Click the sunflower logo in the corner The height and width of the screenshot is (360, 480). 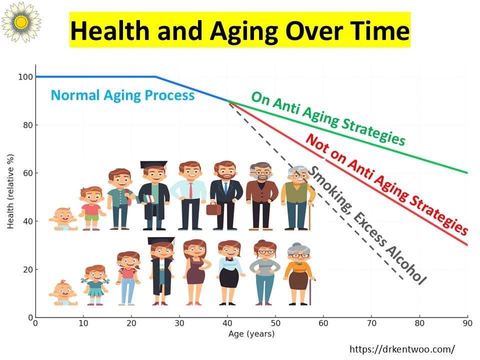click(21, 22)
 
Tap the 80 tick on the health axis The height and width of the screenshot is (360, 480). click(28, 125)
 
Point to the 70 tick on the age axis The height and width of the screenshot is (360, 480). click(371, 323)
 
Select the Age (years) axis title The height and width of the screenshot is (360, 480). click(251, 333)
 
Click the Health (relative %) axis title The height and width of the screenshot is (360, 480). click(10, 191)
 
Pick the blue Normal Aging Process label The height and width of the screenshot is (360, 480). click(122, 95)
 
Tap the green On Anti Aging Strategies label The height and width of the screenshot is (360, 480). click(328, 118)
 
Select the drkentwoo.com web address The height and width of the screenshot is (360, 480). click(402, 349)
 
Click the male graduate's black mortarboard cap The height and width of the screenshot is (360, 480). click(153, 164)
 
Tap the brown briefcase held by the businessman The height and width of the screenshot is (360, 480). click(213, 209)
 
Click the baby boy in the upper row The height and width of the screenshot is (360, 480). click(63, 219)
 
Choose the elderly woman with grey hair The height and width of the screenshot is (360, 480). click(299, 274)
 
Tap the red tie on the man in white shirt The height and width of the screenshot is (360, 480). click(190, 190)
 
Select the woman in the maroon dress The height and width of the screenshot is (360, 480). click(196, 272)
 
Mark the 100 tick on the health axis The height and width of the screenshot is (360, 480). click(25, 77)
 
